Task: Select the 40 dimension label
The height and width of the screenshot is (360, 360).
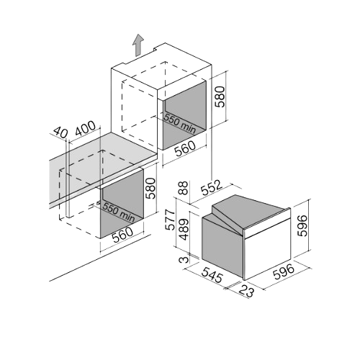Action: tap(60, 132)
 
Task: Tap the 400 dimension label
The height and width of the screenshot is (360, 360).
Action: tap(86, 129)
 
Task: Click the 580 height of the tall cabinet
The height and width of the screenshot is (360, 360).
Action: tap(220, 96)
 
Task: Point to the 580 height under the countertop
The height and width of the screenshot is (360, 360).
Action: tap(150, 188)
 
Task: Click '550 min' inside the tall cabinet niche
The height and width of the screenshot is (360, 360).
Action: tap(179, 123)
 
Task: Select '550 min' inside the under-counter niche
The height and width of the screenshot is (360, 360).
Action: tap(118, 212)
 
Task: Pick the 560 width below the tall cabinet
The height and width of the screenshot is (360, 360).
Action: tap(185, 148)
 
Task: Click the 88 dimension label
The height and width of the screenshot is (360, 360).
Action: tap(184, 188)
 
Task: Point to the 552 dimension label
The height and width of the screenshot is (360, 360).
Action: tap(210, 188)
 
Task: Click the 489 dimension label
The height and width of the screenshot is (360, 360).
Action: tap(184, 229)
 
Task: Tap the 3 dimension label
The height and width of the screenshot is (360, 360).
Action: tap(184, 260)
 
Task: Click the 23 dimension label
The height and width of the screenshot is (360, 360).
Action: tap(246, 291)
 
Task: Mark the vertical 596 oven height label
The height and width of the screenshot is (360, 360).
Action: tap(302, 225)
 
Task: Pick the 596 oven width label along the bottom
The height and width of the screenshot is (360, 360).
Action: tap(284, 271)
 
